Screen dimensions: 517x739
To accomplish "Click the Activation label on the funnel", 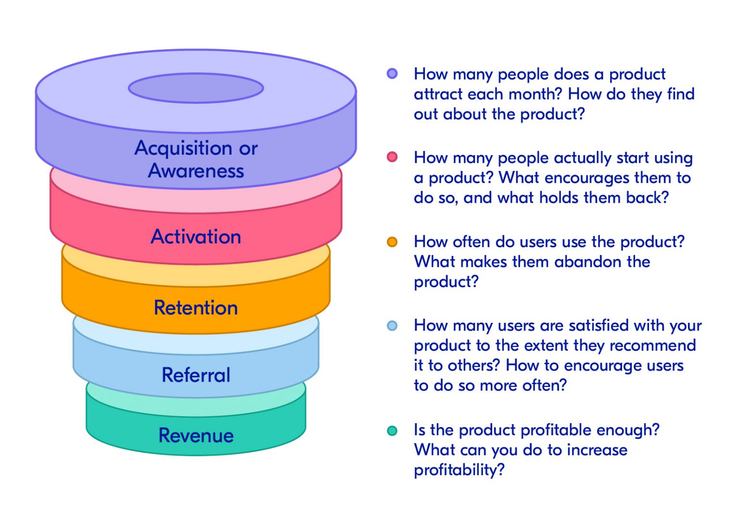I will [x=196, y=237].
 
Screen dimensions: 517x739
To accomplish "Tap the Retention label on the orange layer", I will [x=196, y=307].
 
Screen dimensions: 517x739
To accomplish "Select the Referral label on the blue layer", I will [x=196, y=375].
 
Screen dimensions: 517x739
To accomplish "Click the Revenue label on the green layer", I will [x=196, y=436].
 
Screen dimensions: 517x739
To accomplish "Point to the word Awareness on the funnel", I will [x=196, y=171].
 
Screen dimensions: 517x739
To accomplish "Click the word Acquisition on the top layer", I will [x=183, y=148].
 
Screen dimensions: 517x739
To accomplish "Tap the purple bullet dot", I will [x=392, y=74].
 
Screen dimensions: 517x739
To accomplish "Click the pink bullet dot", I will [x=392, y=157].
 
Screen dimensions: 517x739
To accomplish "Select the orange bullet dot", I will [x=392, y=242].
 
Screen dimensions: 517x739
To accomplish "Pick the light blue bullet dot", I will [x=392, y=326].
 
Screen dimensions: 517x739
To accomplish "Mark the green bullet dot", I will [x=392, y=430].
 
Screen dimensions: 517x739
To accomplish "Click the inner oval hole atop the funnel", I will [x=196, y=88].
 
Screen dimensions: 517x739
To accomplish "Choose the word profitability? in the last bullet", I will [x=459, y=470].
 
